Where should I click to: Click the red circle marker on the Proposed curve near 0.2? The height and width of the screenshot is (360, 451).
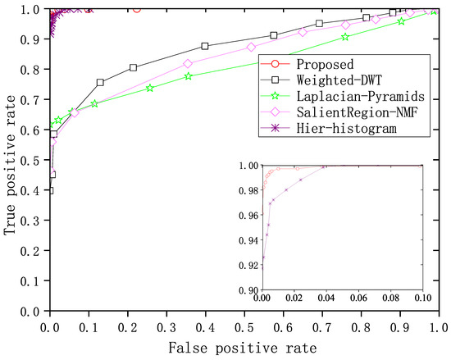pyautogui.click(x=136, y=8)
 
